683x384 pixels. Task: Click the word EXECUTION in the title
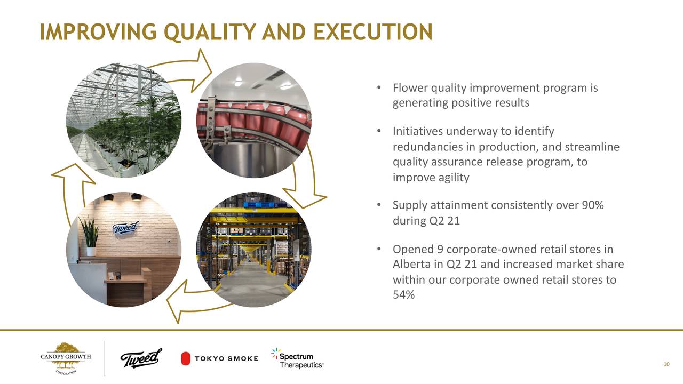pos(373,32)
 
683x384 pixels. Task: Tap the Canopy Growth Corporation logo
pos(66,358)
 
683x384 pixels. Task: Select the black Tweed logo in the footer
pos(141,358)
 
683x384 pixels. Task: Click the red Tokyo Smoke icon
pos(185,358)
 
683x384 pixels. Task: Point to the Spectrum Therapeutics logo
pos(297,358)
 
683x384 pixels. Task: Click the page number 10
pos(666,364)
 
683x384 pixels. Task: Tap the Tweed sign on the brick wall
pos(125,228)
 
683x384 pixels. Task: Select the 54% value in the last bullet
pos(404,295)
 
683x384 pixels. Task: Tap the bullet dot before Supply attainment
pos(379,205)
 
